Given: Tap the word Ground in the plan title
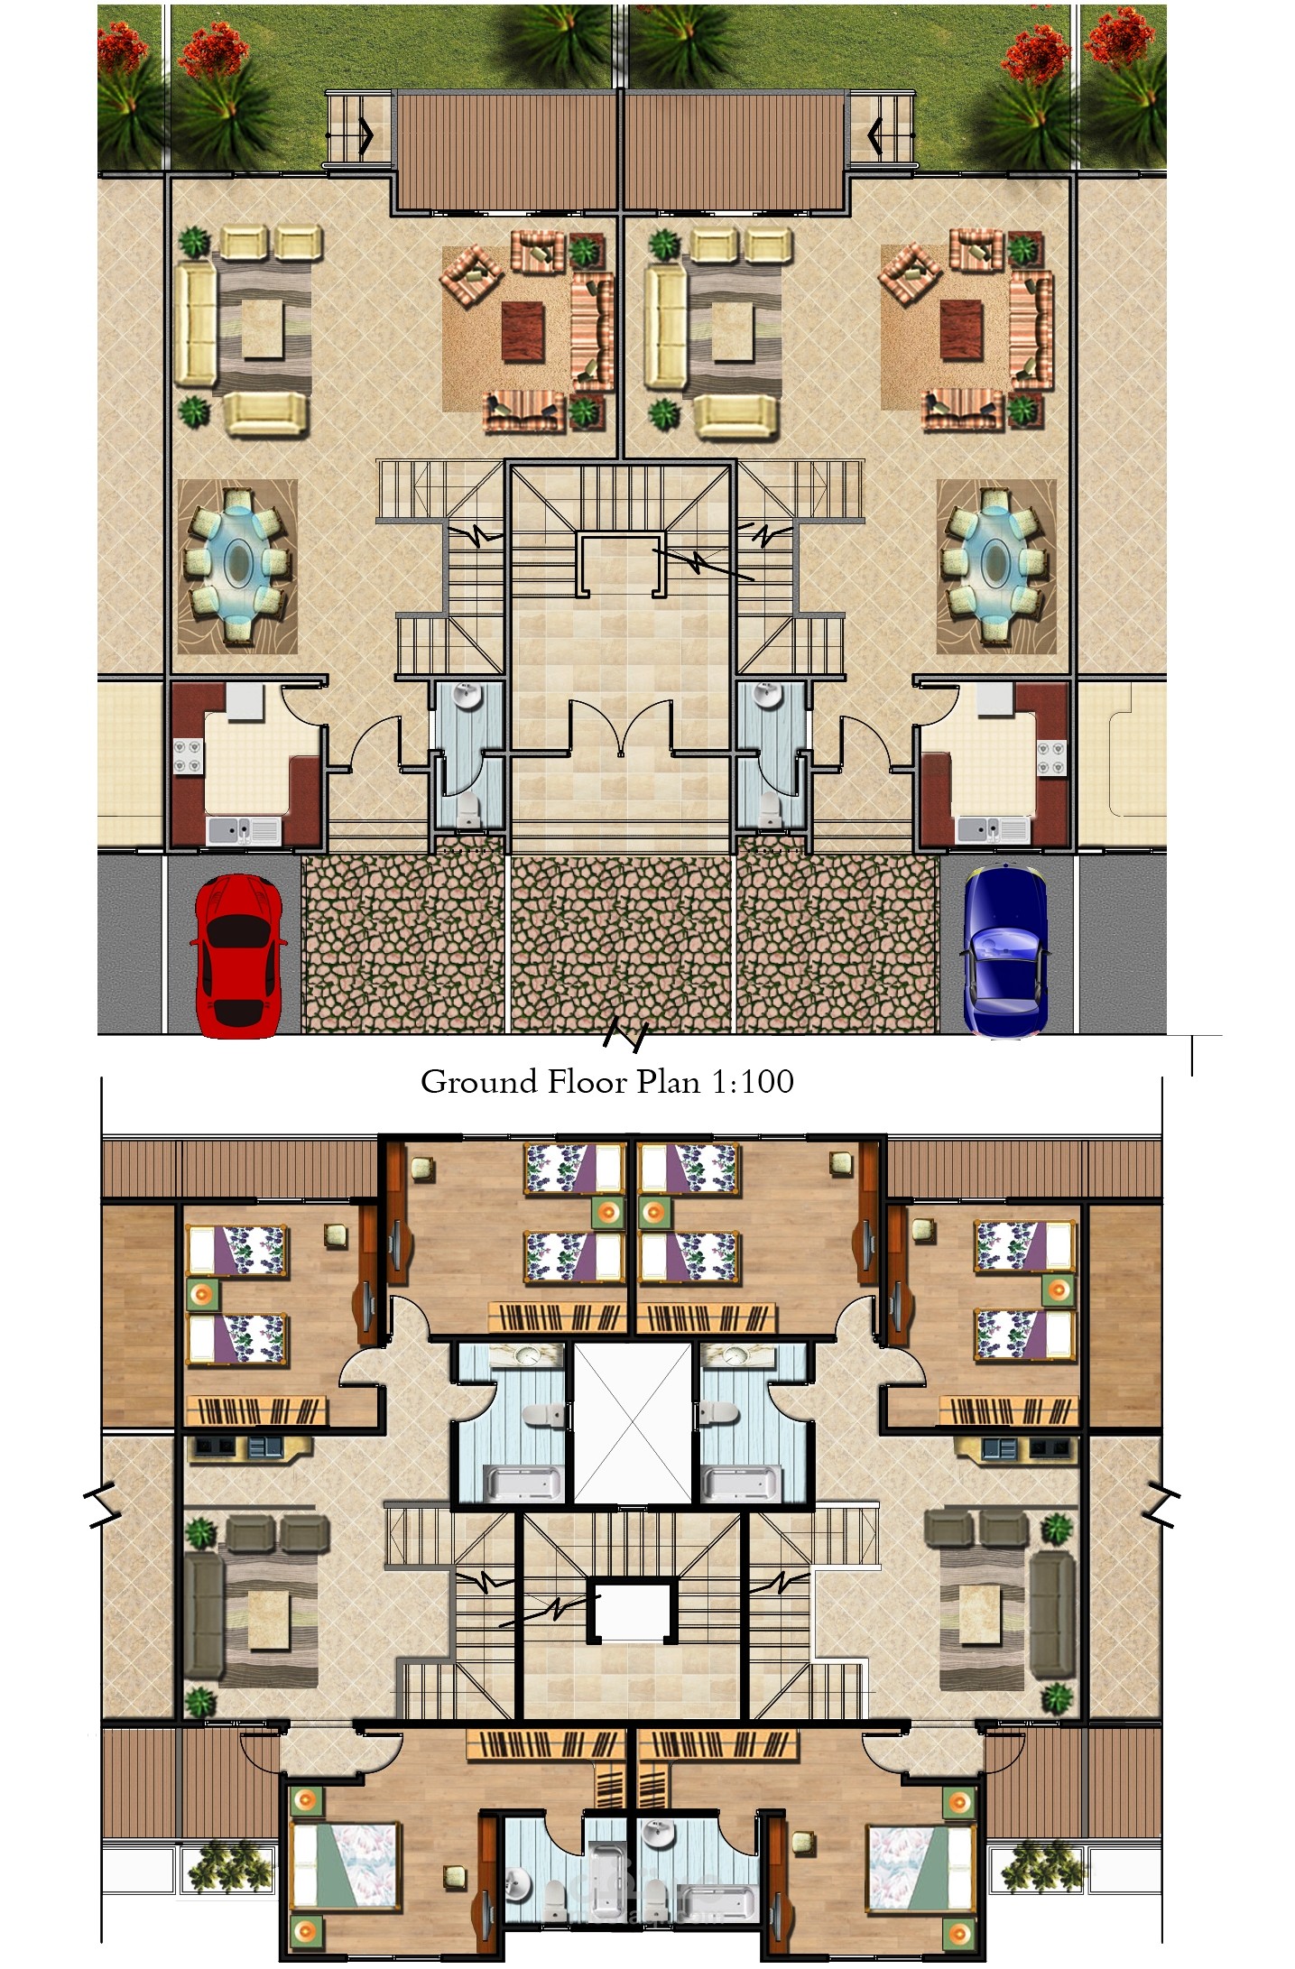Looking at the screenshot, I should [478, 1081].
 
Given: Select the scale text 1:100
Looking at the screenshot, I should [753, 1081].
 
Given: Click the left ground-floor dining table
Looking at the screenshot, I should [237, 567].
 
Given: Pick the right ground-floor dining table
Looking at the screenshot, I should [996, 567].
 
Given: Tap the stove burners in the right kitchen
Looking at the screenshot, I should [1051, 756].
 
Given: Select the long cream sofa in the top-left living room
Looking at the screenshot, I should [196, 322].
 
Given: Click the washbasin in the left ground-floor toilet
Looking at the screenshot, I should [467, 696].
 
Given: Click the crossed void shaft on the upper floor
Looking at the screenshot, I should [633, 1423].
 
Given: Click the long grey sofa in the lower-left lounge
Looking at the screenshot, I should [204, 1613].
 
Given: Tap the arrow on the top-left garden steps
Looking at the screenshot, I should [366, 134].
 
